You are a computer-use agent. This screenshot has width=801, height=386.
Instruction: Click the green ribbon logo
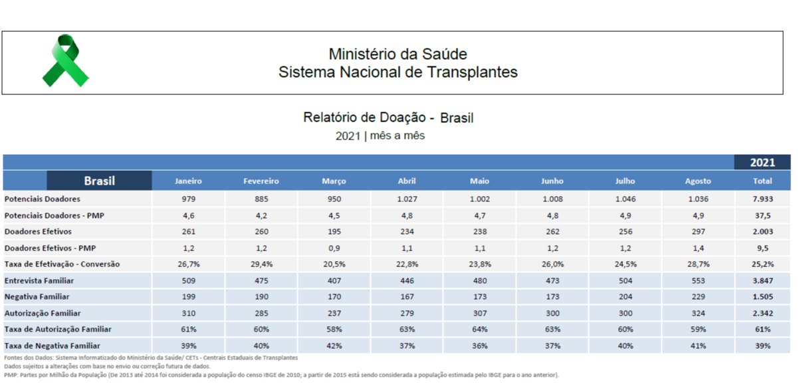(65, 61)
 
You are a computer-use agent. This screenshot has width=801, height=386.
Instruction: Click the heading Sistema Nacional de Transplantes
(398, 72)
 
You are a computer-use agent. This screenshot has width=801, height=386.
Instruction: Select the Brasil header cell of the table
(99, 181)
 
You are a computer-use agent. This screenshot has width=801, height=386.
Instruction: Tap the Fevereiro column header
(261, 181)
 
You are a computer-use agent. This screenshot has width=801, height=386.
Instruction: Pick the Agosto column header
(698, 181)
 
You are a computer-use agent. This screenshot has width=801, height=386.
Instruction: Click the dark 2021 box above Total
(762, 163)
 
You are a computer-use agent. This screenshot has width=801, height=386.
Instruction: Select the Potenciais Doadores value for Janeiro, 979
(188, 199)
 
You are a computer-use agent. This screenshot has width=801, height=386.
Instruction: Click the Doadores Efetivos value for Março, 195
(334, 232)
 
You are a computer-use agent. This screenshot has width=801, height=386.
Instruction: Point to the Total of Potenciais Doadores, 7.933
(762, 199)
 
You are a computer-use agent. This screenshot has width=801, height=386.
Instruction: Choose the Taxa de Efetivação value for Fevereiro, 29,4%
(261, 264)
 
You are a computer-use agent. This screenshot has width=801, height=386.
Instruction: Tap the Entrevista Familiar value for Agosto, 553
(698, 281)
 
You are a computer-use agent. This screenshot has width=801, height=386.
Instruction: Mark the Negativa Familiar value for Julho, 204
(626, 297)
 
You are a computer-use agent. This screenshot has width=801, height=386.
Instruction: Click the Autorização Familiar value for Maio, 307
(479, 314)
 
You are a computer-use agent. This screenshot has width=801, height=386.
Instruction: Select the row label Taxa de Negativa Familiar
(53, 346)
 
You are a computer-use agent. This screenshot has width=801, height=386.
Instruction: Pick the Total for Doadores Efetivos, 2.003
(762, 232)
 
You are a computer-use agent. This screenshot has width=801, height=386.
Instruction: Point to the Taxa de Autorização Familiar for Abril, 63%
(407, 330)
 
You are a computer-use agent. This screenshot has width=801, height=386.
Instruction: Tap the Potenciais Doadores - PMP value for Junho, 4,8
(552, 216)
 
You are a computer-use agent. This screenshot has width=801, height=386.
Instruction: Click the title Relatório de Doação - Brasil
(388, 118)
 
